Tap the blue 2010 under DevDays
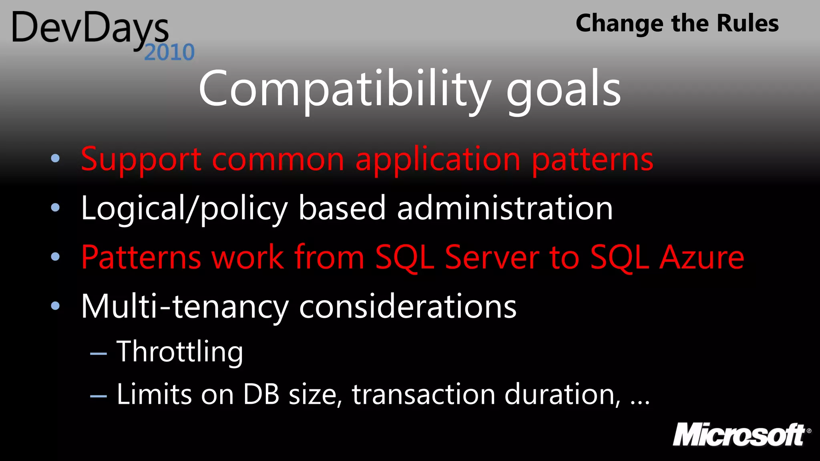pos(169,52)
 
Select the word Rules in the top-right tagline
pos(747,23)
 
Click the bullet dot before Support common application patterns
pos(55,158)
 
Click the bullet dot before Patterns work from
pos(55,257)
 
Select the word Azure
pos(701,257)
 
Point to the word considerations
pos(408,307)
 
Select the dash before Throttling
pos(98,354)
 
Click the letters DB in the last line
pos(261,395)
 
